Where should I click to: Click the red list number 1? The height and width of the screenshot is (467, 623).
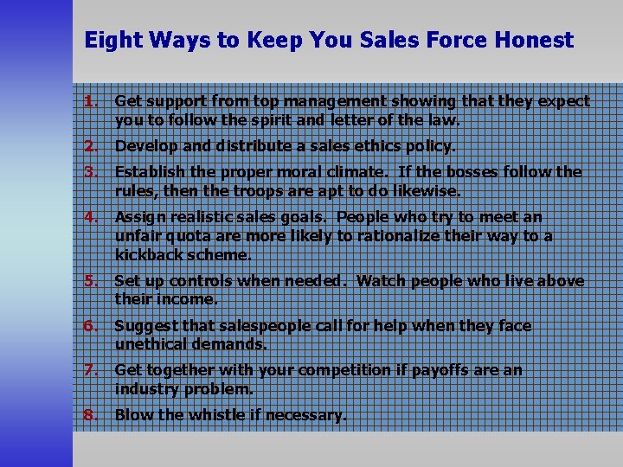(88, 101)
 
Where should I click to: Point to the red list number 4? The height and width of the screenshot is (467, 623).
(88, 217)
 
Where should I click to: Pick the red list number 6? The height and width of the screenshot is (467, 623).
(88, 326)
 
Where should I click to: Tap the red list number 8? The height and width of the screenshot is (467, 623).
(88, 415)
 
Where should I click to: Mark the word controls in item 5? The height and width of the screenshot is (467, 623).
(201, 281)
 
